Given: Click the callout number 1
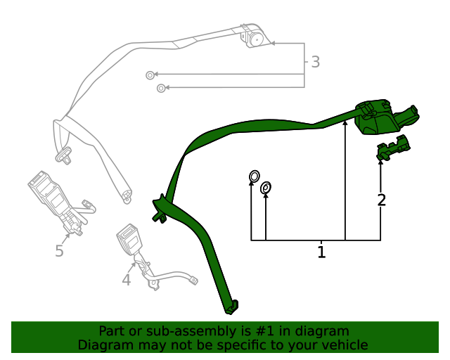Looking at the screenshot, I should (321, 252).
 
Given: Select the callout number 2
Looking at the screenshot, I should (381, 200).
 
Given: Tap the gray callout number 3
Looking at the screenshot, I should (315, 63).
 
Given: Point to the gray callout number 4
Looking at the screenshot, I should (126, 281).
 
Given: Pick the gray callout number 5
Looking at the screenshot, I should (59, 251).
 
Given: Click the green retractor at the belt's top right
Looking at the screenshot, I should (383, 117).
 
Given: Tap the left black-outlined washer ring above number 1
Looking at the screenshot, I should (254, 176).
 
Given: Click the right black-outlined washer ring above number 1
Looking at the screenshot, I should (266, 188).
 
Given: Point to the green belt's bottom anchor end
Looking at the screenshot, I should (231, 307).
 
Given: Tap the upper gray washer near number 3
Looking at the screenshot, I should (150, 75).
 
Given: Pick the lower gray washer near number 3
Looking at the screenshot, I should (161, 88).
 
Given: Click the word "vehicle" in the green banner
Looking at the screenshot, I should (344, 345).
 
